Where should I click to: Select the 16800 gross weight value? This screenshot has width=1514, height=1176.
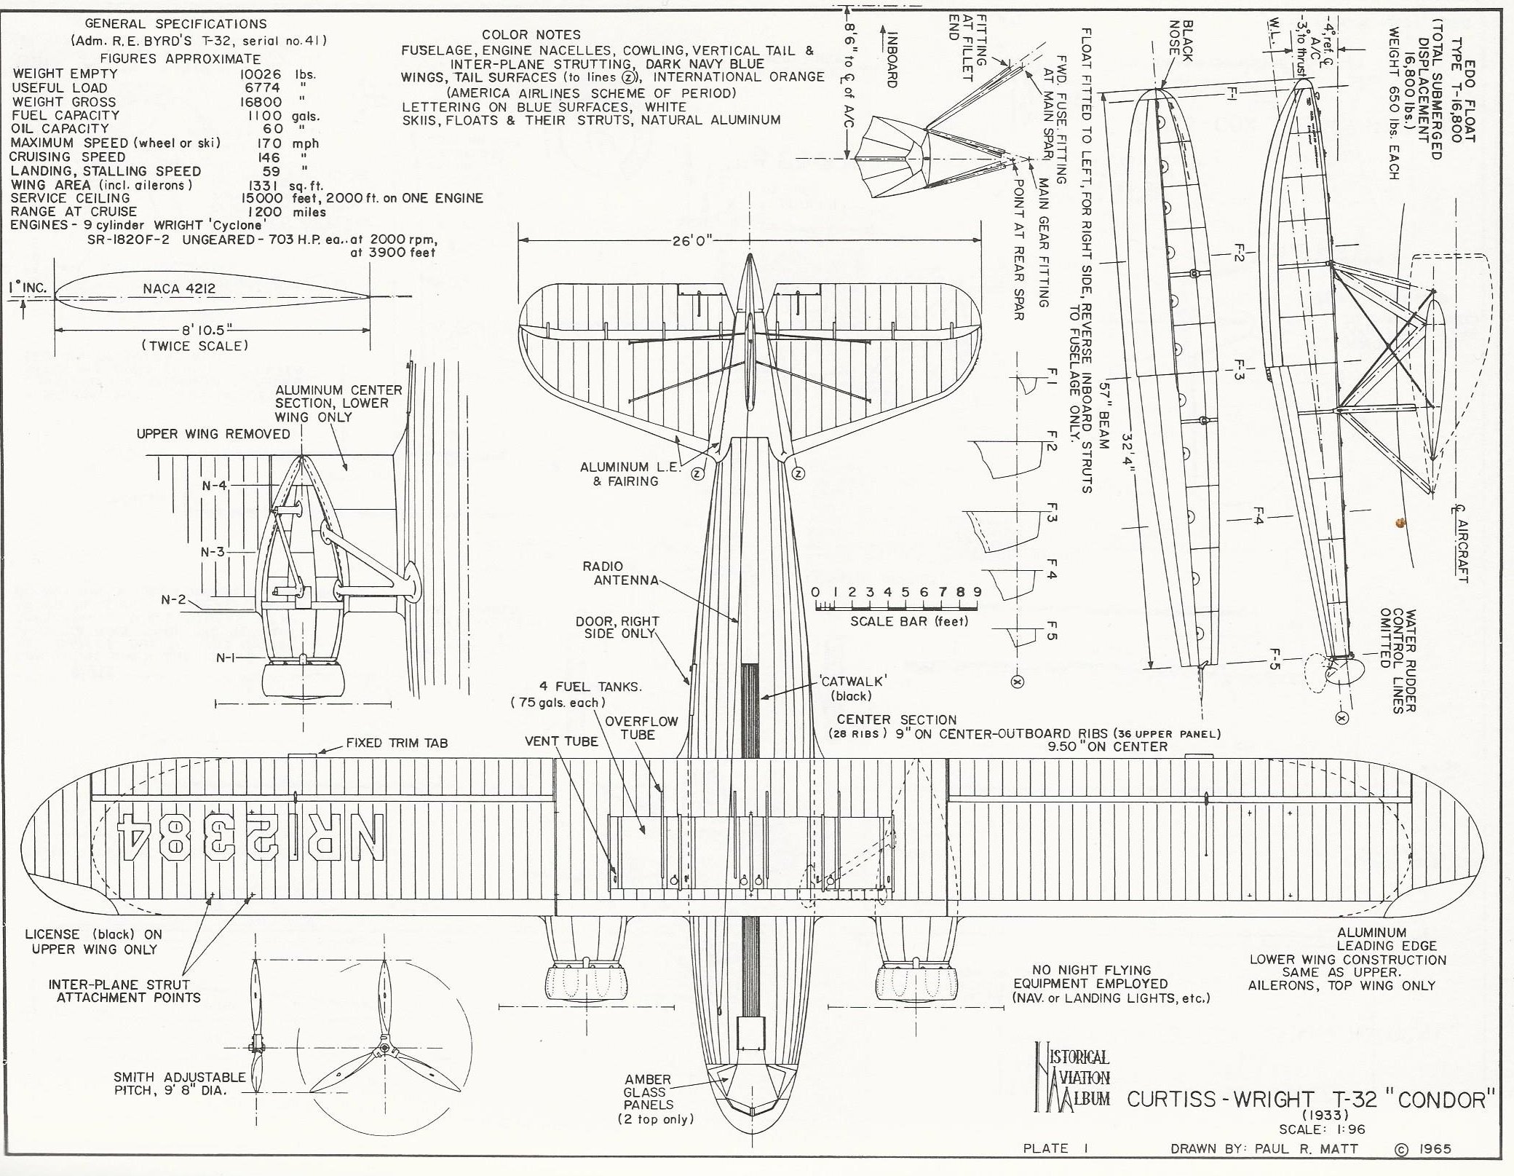point(255,102)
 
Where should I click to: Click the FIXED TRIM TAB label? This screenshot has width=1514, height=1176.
point(397,743)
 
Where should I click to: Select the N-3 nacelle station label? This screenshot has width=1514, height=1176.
point(213,551)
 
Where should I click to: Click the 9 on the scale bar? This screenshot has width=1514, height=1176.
point(977,592)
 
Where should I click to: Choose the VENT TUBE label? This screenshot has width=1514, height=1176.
point(561,741)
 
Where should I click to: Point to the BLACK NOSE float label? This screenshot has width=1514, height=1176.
point(1180,41)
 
